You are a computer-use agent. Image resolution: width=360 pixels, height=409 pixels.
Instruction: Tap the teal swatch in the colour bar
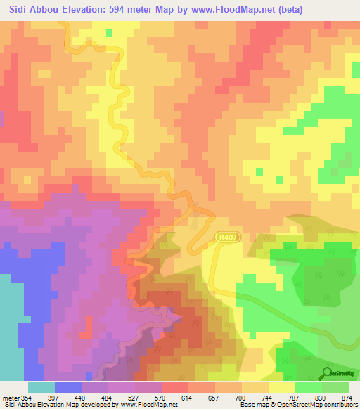(x=41, y=387)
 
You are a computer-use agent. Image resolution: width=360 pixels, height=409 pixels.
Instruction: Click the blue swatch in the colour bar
(x=67, y=387)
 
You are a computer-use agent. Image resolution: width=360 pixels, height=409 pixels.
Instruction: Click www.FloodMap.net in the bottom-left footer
(x=148, y=405)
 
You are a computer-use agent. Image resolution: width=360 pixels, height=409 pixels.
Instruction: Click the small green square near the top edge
(x=109, y=32)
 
